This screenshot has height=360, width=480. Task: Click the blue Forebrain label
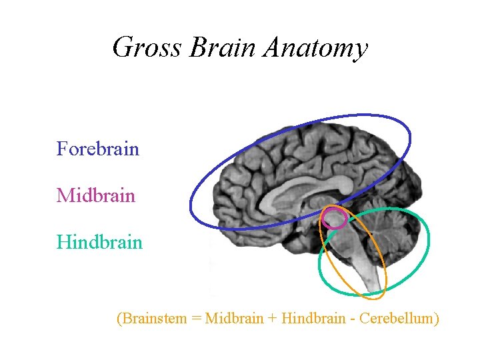point(97,149)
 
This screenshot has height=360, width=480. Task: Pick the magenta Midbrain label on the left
point(96,195)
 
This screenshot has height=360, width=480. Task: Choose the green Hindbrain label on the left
point(99,241)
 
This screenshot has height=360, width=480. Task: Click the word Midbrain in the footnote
point(235,318)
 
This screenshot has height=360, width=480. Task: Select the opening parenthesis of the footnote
point(119,319)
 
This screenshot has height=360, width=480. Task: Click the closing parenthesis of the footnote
point(436,319)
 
